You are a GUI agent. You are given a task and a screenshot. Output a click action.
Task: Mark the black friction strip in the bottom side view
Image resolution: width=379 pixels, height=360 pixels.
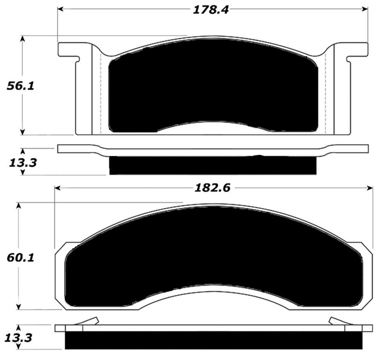tap(213, 340)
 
